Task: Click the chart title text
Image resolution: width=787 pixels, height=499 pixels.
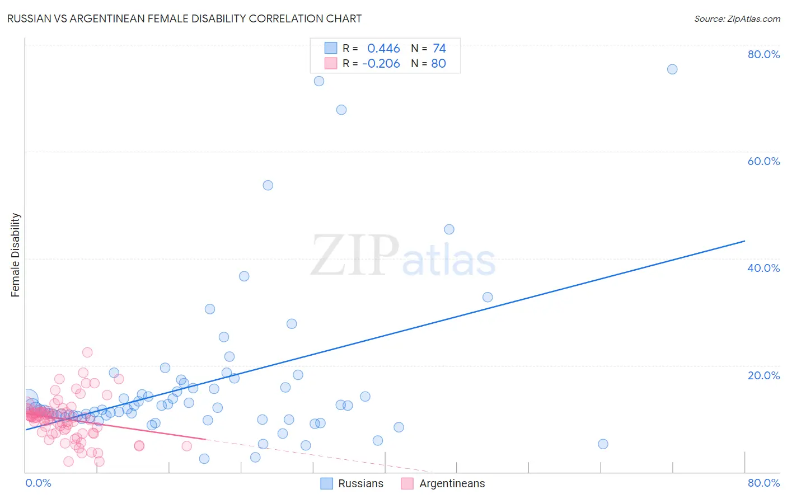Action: tap(184, 18)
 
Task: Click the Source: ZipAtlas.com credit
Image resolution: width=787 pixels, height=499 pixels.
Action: tap(737, 18)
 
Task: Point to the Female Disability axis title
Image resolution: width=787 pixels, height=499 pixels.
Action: tap(16, 255)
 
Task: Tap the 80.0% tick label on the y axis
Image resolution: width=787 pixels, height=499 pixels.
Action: tap(763, 54)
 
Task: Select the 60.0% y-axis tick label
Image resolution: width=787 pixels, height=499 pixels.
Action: tap(763, 161)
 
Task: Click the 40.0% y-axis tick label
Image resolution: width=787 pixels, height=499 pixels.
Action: tap(763, 268)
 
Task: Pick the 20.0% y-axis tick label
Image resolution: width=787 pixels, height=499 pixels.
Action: tap(763, 375)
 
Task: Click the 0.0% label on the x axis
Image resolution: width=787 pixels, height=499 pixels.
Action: tap(38, 483)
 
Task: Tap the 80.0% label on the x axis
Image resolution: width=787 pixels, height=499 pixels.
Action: tap(763, 483)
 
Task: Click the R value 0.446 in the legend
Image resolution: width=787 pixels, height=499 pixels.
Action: tap(383, 49)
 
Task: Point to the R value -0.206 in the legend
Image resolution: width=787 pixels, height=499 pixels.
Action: tap(381, 64)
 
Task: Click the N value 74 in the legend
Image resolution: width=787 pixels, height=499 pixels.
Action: tap(439, 49)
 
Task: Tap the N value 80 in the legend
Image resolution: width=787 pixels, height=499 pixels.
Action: tap(438, 64)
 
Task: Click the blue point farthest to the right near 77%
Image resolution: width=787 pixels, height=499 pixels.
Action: tap(672, 69)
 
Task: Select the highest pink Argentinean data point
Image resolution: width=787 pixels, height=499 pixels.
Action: tap(87, 352)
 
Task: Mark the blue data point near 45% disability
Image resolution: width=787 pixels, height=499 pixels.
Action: tap(449, 229)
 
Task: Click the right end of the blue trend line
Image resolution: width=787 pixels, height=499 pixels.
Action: tap(744, 241)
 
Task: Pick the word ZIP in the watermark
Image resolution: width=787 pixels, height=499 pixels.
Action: tap(355, 256)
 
